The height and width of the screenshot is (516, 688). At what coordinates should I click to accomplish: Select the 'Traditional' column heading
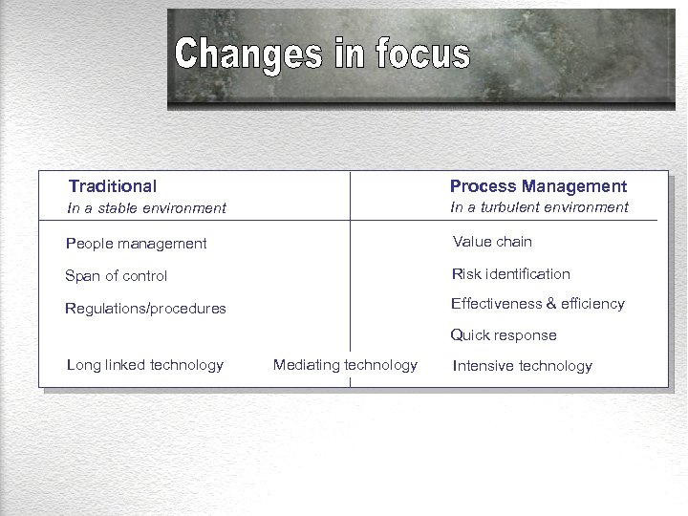point(113,186)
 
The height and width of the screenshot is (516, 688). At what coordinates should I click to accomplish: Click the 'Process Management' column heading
point(538,186)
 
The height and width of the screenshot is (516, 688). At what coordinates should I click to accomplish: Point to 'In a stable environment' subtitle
point(146,208)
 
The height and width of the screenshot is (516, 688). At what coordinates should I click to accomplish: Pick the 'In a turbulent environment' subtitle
point(539,207)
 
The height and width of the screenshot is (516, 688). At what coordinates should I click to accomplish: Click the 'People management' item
point(136,244)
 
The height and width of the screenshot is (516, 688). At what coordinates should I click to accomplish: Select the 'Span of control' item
point(116,276)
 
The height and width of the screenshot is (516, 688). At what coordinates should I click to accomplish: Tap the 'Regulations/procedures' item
point(145,309)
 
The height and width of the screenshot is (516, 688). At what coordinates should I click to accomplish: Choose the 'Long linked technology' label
point(145,365)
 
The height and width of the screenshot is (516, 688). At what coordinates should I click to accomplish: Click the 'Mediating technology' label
point(345,365)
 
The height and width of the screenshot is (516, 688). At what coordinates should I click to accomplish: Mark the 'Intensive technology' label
point(522,366)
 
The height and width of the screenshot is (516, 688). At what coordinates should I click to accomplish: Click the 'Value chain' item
point(492,242)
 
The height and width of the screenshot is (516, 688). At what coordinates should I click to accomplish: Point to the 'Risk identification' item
point(510,274)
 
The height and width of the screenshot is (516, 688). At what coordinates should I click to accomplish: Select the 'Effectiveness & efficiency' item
point(537,304)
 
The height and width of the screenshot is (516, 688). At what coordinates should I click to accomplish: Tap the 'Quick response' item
point(504,335)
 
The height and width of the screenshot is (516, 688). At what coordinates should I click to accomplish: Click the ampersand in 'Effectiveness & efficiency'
point(551,304)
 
